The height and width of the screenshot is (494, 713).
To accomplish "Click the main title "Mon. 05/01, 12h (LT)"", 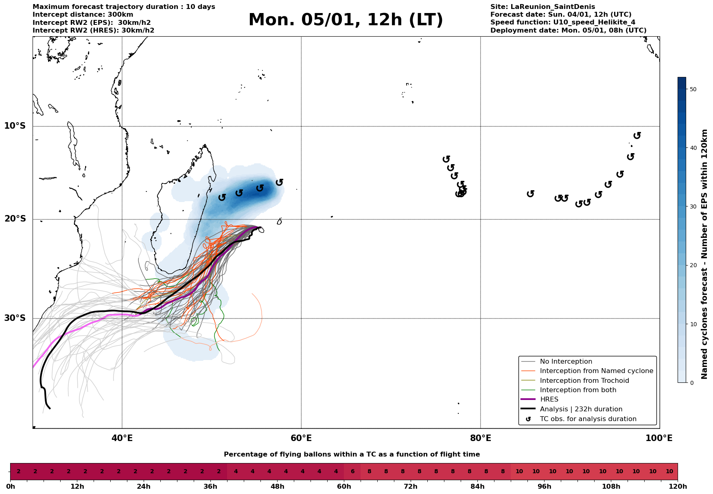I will click(x=346, y=20).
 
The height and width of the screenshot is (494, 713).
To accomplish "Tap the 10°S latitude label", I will click(x=15, y=126).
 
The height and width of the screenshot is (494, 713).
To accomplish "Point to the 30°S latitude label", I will click(x=15, y=318).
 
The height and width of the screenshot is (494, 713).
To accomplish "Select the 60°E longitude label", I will click(x=301, y=439).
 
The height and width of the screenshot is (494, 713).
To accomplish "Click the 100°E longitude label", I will click(x=659, y=439).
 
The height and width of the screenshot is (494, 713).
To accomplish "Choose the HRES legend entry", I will click(x=549, y=400).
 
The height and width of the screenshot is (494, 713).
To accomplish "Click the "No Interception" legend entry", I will click(x=566, y=362).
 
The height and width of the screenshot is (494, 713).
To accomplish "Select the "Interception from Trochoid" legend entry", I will click(x=584, y=381).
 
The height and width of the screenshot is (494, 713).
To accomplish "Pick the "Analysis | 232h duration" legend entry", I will click(x=581, y=409).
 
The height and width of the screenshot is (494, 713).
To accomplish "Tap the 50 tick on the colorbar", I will click(x=693, y=89).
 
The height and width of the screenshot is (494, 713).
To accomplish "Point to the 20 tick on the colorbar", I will click(x=693, y=265).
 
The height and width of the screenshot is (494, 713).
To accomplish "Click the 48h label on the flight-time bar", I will click(x=277, y=487).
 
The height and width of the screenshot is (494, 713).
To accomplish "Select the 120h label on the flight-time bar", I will click(x=678, y=487).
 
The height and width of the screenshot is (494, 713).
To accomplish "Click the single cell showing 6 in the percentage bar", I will click(x=352, y=472).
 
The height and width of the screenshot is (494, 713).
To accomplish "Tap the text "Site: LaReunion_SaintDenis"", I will click(x=542, y=7).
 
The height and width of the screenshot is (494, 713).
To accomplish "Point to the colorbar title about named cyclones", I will click(x=705, y=254).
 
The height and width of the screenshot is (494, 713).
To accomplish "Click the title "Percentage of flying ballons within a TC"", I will click(x=352, y=454).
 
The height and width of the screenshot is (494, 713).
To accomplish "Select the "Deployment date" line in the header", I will click(x=568, y=31).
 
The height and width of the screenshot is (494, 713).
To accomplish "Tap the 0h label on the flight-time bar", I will click(x=11, y=487).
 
